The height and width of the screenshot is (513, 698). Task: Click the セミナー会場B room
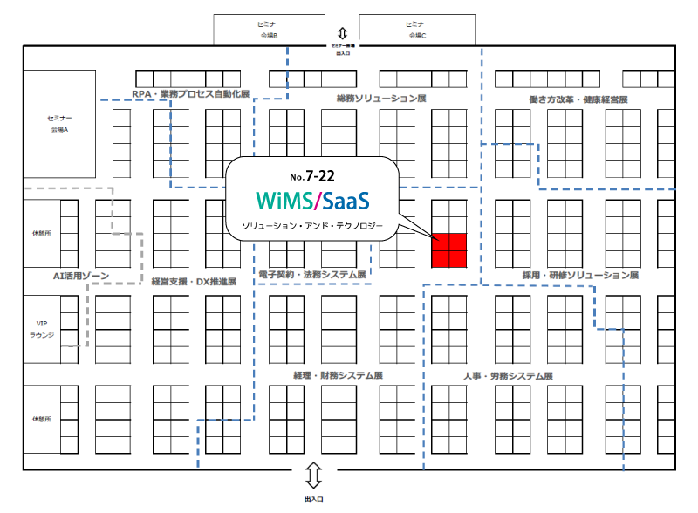(x=269, y=30)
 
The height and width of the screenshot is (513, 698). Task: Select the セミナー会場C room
(x=415, y=30)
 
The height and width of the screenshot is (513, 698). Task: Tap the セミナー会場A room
(x=59, y=123)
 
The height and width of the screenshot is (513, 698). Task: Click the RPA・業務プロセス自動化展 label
(x=191, y=94)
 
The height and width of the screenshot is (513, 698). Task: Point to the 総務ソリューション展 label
(x=381, y=99)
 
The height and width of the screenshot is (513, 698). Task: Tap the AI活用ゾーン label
(x=80, y=276)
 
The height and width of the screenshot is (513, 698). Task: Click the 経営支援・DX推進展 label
(x=194, y=281)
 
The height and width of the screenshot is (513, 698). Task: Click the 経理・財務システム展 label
(x=339, y=375)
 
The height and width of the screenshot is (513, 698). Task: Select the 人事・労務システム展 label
(x=509, y=376)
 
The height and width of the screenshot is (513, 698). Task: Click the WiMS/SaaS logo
(x=314, y=202)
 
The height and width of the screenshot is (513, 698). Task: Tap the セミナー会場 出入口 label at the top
(x=342, y=49)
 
